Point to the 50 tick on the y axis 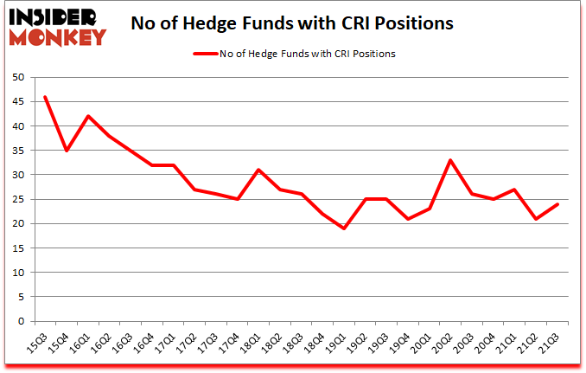click(18, 77)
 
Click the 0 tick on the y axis click(21, 321)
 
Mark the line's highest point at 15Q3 click(44, 97)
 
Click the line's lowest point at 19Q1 click(345, 228)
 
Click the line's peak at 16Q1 click(87, 116)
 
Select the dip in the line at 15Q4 click(66, 151)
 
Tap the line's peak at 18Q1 click(258, 170)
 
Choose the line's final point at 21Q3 click(558, 204)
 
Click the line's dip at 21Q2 click(537, 219)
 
